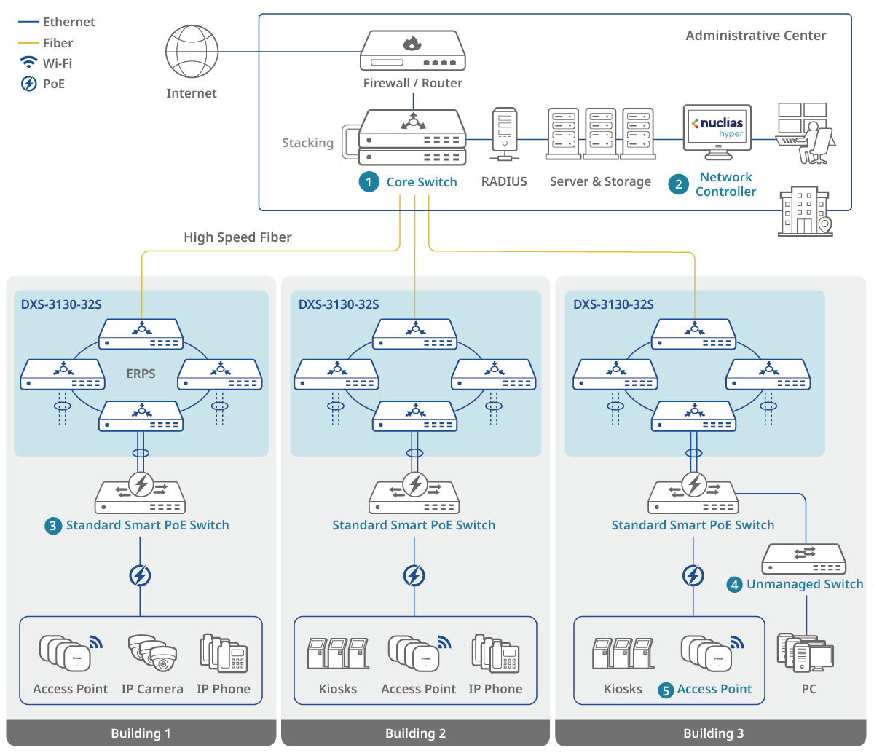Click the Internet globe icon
192,52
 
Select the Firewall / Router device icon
412,51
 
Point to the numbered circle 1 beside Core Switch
369,182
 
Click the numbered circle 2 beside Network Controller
678,184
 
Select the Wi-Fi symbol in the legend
28,63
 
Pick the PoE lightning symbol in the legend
28,84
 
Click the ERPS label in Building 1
141,374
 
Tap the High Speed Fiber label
237,237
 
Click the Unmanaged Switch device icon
805,559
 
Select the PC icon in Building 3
806,653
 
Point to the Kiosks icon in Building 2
337,653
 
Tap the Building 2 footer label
415,733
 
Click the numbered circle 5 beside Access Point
666,690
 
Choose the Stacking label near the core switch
307,143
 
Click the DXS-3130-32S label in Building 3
613,304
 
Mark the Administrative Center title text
756,36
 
